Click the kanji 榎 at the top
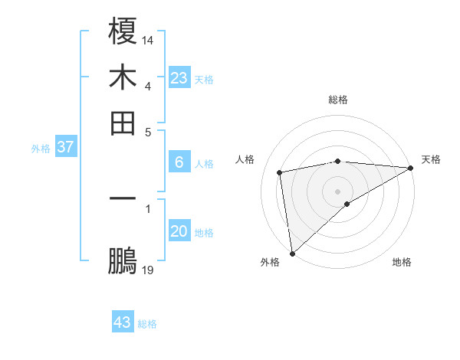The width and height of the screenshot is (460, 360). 123,31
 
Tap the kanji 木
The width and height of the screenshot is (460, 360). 123,77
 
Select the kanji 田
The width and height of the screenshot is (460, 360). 123,123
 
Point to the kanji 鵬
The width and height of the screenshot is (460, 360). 123,261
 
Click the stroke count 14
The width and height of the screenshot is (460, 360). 148,38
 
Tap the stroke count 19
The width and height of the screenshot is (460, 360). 148,270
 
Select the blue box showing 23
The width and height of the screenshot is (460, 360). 179,77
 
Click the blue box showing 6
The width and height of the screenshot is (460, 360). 179,162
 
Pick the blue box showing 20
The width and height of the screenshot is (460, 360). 179,231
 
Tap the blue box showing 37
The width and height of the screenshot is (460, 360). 65,147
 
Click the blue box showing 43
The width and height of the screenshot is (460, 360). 123,322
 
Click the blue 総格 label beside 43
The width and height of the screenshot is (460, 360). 147,324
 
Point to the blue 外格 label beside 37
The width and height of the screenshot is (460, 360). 41,149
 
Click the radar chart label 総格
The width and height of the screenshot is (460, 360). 338,100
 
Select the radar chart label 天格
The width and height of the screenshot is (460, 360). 431,159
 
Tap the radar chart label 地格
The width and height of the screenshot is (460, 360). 402,262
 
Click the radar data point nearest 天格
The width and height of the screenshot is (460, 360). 411,168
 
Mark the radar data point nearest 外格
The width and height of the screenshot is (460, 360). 292,254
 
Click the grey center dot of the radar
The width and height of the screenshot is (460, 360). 338,191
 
